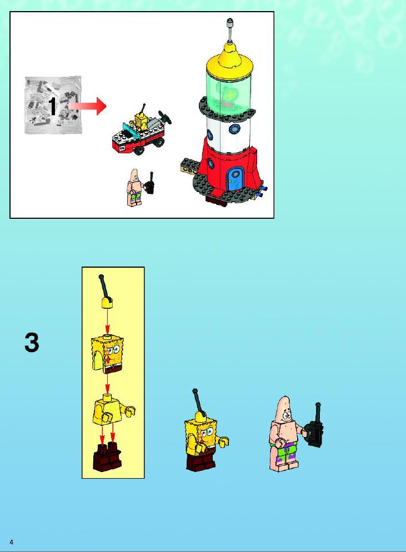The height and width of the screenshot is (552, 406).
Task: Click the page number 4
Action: coord(11,542)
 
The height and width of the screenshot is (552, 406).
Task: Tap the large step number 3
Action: coord(32,343)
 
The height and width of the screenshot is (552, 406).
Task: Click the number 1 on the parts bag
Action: coord(52,106)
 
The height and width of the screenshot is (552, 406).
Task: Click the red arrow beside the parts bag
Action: coord(87,106)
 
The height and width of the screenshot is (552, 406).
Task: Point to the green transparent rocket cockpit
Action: coord(229,92)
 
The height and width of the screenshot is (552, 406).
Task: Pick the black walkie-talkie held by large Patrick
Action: coord(315,428)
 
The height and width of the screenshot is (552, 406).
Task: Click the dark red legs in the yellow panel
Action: coord(107,456)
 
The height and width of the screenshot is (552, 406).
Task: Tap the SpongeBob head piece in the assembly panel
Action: coord(107,354)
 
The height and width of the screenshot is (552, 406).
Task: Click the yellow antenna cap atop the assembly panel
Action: coord(107,303)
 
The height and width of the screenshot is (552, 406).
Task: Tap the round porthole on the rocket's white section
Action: coord(234,129)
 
